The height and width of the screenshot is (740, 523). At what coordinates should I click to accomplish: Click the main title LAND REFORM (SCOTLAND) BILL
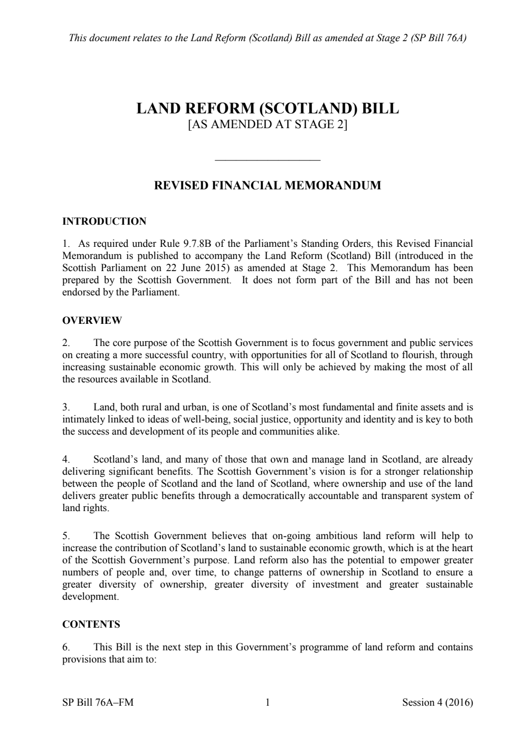(x=268, y=109)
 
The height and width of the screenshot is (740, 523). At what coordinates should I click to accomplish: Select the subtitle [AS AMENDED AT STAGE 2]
(x=268, y=125)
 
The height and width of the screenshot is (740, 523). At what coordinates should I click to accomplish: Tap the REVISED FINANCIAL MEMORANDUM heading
(x=267, y=186)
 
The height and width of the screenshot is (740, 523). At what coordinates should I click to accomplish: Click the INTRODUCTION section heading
(x=104, y=222)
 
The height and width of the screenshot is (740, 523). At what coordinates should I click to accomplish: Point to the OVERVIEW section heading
(x=92, y=321)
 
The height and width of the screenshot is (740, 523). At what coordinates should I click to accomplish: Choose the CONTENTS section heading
(x=91, y=624)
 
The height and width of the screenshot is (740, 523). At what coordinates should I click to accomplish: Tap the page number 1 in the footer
(x=267, y=703)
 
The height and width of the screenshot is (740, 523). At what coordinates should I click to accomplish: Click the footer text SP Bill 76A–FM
(x=98, y=703)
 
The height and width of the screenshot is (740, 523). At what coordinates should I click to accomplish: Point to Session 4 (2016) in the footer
(x=438, y=703)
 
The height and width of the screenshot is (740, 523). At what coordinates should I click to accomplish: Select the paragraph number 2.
(x=66, y=343)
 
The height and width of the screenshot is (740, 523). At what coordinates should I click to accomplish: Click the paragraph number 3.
(x=66, y=407)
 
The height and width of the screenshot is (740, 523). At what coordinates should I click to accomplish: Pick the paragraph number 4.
(x=66, y=459)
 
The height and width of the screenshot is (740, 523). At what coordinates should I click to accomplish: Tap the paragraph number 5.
(x=66, y=536)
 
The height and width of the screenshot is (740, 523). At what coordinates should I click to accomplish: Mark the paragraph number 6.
(x=66, y=647)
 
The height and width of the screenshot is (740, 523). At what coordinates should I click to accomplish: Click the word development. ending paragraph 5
(x=91, y=597)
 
